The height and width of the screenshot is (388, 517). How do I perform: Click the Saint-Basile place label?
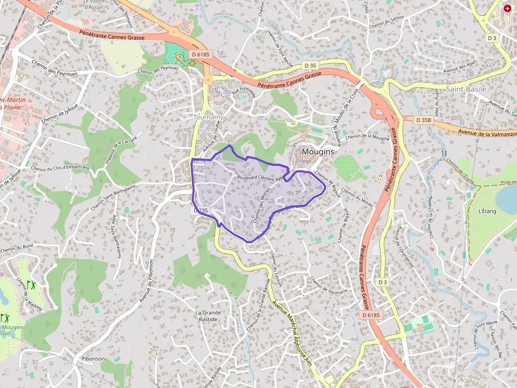click(x=466, y=89)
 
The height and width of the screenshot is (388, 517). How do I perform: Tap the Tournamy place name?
click(x=208, y=117)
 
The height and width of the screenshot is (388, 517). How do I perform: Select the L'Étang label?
click(x=487, y=211)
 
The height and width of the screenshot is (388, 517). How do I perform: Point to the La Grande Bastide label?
click(x=208, y=316)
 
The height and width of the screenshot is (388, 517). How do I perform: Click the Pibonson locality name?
click(x=93, y=359)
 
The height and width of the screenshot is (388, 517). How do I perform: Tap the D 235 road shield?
click(x=201, y=210)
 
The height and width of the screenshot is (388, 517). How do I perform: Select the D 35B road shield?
click(x=423, y=120)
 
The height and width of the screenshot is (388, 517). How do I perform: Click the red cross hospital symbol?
click(x=508, y=9)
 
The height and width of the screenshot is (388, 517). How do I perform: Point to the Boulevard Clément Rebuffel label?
click(x=261, y=178)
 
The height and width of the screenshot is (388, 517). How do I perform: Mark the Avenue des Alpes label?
click(x=460, y=67)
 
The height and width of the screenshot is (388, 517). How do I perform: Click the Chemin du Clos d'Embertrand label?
click(x=60, y=168)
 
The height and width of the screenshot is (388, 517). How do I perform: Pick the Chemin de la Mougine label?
click(x=368, y=137)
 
